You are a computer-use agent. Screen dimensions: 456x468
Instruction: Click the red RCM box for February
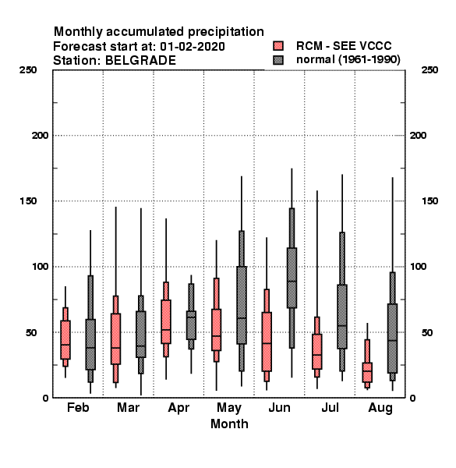(x=65, y=339)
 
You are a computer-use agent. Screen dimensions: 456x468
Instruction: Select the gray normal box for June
(x=292, y=278)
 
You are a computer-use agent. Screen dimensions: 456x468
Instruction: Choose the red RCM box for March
(x=115, y=339)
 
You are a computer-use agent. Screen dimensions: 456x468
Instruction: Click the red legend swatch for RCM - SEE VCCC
(x=278, y=46)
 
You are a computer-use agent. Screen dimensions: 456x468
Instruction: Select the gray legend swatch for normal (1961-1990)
(x=278, y=60)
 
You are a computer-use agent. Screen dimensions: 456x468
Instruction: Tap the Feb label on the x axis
(x=78, y=407)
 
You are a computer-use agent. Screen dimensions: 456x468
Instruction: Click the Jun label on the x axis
(x=279, y=407)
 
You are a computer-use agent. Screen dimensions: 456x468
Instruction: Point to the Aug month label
(x=380, y=408)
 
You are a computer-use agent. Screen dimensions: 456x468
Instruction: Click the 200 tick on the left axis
(x=40, y=136)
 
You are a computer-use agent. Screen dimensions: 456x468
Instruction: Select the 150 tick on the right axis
(x=429, y=201)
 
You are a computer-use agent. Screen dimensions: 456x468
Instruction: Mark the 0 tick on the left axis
(x=45, y=398)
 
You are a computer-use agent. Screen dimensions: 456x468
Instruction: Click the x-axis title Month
(x=229, y=424)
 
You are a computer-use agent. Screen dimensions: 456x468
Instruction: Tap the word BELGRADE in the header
(x=140, y=61)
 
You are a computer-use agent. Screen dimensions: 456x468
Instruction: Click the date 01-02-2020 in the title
(x=193, y=47)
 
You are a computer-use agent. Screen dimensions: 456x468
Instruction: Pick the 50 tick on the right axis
(x=427, y=332)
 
